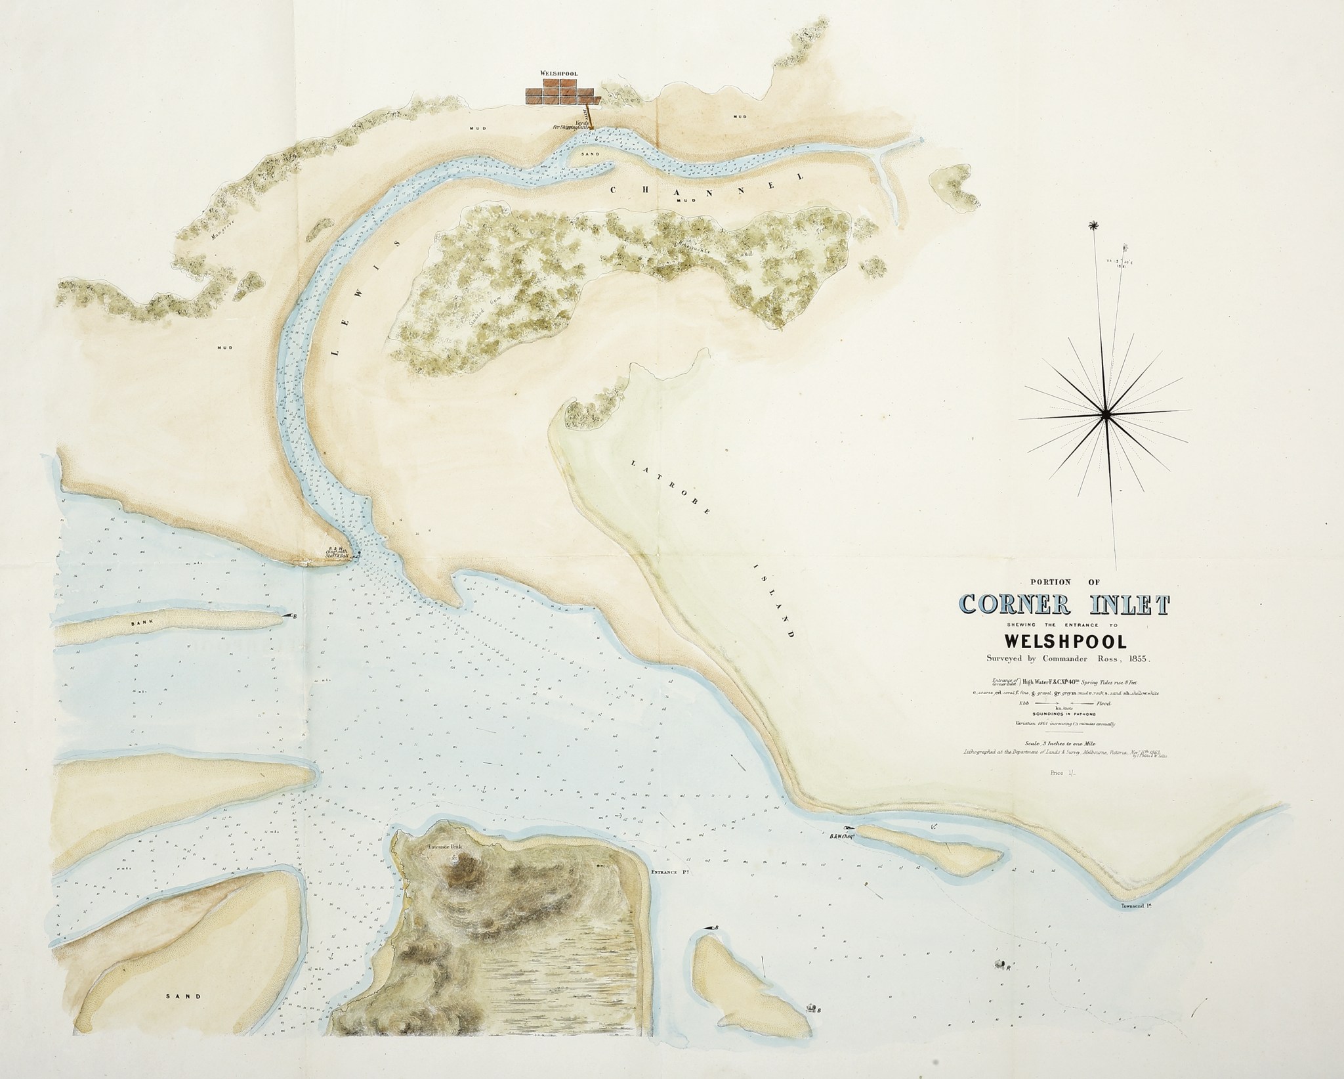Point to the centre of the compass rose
pyautogui.click(x=1105, y=412)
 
